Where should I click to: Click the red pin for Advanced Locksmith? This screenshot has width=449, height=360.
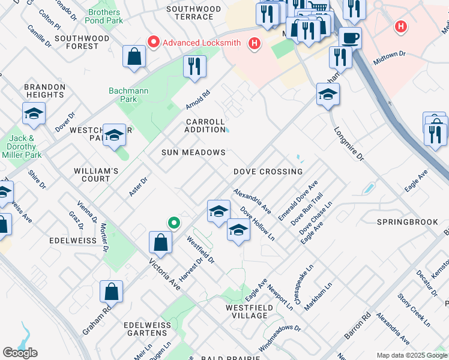(x=153, y=43)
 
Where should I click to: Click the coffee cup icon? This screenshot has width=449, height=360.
(x=351, y=38)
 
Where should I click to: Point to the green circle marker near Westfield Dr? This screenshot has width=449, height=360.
(x=174, y=223)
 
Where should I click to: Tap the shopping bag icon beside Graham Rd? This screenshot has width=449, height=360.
(x=112, y=292)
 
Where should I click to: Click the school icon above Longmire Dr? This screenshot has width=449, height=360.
(x=328, y=94)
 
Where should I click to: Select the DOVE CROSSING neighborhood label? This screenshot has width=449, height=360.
(x=268, y=172)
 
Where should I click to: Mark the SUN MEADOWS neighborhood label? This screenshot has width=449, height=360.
(x=193, y=152)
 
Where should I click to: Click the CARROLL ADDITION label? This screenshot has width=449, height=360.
(x=205, y=125)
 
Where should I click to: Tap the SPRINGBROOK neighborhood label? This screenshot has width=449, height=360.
(x=407, y=222)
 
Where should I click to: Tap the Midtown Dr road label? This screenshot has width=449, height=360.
(x=389, y=58)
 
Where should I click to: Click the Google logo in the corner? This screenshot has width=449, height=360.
(x=20, y=353)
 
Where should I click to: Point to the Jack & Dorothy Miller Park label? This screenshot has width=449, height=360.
(x=25, y=147)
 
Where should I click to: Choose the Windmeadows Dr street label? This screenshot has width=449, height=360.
(x=280, y=338)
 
